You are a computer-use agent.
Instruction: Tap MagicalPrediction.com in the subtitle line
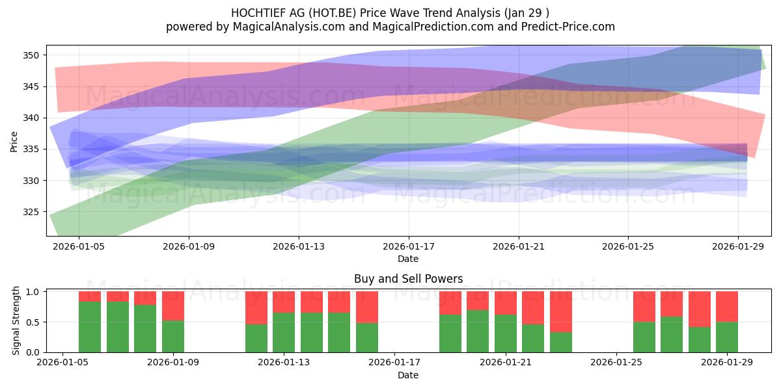433,27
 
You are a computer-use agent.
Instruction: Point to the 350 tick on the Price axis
31,55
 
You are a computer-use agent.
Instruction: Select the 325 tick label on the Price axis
31,212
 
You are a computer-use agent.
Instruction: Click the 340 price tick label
31,118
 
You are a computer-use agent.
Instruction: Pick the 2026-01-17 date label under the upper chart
409,246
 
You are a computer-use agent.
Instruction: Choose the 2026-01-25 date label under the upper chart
628,246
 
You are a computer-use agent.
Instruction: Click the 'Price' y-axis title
14,142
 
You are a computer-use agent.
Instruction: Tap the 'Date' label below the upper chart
408,259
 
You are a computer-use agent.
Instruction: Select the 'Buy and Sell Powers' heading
408,279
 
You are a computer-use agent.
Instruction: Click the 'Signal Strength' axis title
16,320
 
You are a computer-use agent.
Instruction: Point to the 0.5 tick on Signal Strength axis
33,322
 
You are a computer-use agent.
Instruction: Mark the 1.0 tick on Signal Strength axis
33,292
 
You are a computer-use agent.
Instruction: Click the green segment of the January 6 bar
90,327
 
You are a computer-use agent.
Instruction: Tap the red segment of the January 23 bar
561,311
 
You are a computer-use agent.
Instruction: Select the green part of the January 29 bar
727,337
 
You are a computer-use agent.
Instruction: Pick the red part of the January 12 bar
256,308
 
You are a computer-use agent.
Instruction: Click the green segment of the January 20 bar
478,331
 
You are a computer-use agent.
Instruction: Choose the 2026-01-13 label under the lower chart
284,363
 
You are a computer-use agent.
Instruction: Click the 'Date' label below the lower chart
408,375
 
